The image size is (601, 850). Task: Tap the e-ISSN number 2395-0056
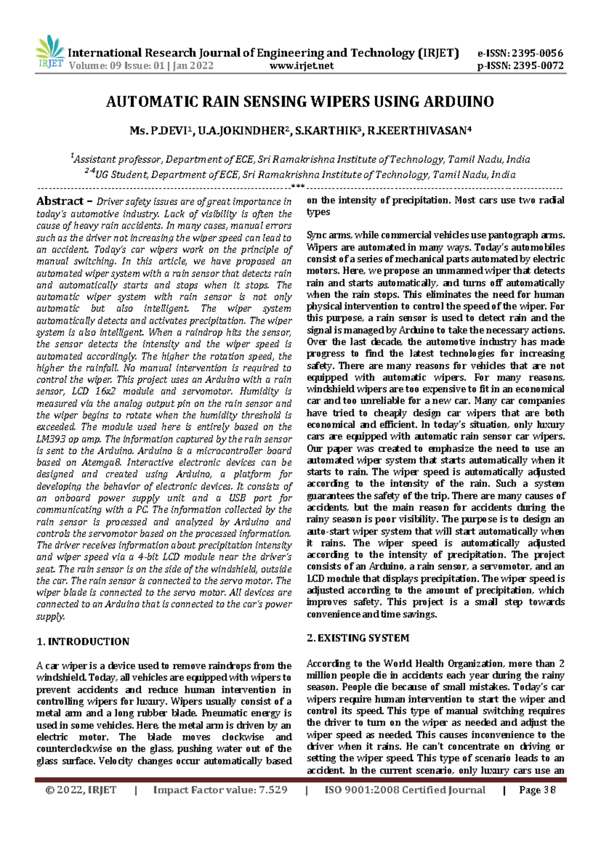(x=535, y=53)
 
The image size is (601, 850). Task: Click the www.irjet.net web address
(x=302, y=66)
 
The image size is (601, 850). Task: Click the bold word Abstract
(x=60, y=201)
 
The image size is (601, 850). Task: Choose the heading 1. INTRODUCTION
(x=83, y=642)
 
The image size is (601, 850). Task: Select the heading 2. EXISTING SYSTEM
(x=358, y=638)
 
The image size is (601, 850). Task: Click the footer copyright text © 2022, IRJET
(x=81, y=790)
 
